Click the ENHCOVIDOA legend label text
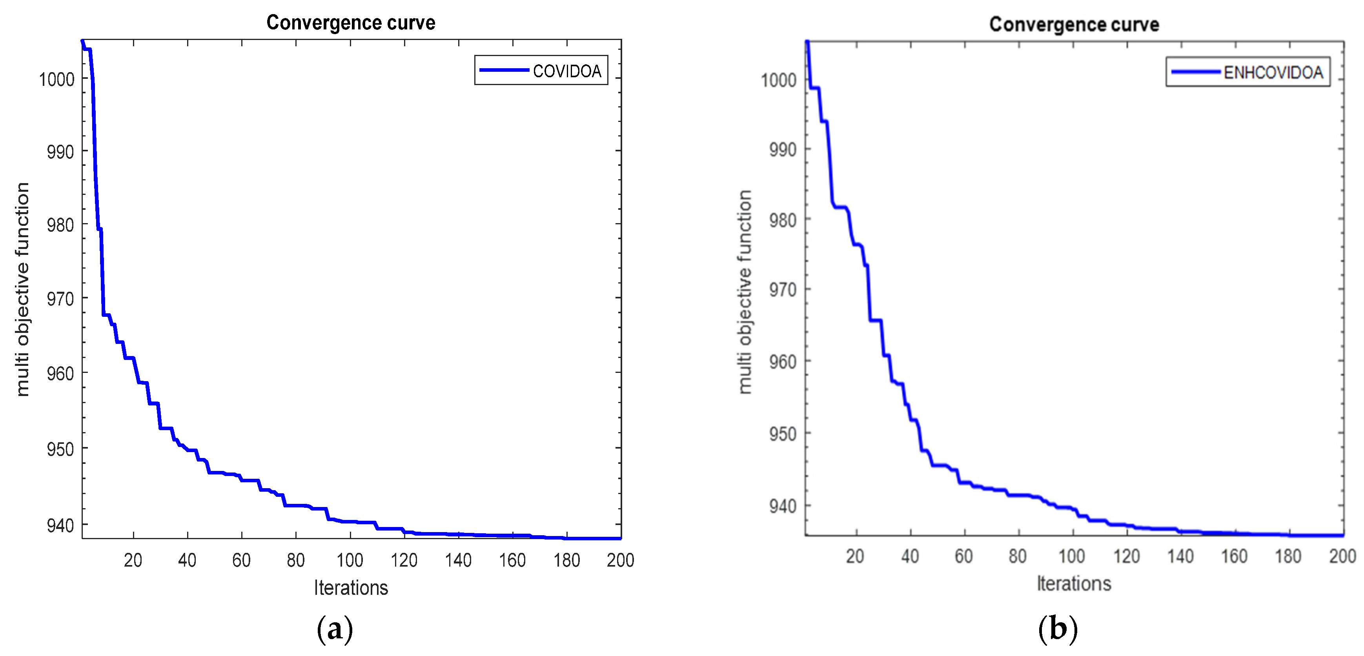1273,73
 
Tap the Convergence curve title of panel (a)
351,23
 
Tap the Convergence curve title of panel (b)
1074,24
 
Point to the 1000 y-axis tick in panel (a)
56,80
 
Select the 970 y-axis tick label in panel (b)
783,290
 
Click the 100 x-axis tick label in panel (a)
350,560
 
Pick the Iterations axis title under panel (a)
351,588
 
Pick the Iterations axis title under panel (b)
1073,583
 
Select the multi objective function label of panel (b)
745,292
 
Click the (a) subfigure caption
335,629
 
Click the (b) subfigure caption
1057,629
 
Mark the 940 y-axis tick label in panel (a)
60,525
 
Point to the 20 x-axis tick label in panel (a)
133,560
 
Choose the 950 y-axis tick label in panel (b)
783,434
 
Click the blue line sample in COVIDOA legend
504,70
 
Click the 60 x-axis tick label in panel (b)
964,556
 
